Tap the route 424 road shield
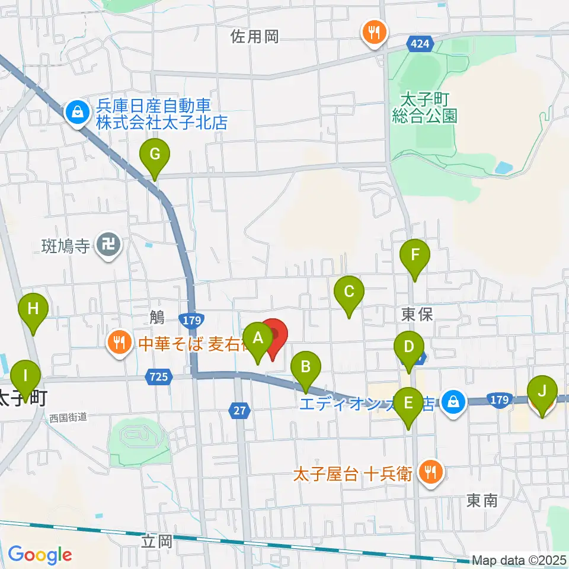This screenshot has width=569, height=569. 420,44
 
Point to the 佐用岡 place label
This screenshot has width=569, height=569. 254,37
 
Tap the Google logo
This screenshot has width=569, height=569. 40,555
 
